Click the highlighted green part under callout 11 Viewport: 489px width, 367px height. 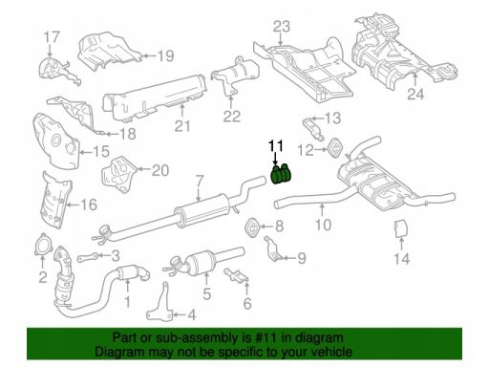click(x=281, y=174)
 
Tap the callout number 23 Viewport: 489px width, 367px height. click(x=282, y=27)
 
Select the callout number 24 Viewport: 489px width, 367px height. click(x=415, y=94)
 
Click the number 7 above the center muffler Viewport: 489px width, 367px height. click(x=199, y=182)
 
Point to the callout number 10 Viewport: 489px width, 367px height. click(x=323, y=225)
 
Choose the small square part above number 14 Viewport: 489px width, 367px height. click(x=401, y=228)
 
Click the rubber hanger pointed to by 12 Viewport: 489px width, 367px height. click(x=335, y=147)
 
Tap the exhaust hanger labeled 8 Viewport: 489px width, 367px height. click(x=253, y=227)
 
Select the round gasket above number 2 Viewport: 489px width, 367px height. click(x=42, y=245)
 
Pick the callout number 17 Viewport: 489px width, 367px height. click(x=52, y=37)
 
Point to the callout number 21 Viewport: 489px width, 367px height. click(x=182, y=126)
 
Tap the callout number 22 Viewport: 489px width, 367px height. click(x=231, y=117)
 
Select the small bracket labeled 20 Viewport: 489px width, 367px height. click(x=118, y=174)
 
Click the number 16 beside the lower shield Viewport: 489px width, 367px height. click(x=88, y=205)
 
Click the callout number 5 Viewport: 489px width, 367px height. click(x=207, y=293)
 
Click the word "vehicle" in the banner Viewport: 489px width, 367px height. click(x=331, y=352)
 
